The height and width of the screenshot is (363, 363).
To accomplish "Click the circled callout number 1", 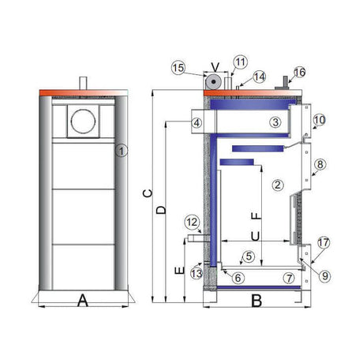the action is click(x=122, y=151).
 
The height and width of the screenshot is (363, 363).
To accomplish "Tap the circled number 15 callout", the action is click(x=178, y=68).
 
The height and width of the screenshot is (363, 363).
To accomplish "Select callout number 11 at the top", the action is click(x=240, y=62).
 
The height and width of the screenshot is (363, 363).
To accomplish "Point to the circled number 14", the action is click(x=260, y=77).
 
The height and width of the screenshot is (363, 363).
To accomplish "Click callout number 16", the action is click(x=300, y=72).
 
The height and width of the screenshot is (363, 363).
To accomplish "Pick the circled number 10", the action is click(x=320, y=120).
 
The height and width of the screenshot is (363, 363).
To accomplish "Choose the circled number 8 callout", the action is click(x=320, y=164).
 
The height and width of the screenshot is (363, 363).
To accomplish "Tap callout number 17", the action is click(x=324, y=242).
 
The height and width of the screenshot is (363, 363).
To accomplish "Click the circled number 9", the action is click(x=325, y=276).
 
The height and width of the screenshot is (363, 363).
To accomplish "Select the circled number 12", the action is click(x=192, y=223).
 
